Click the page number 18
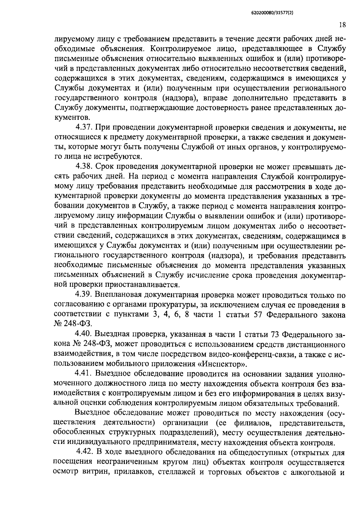[343, 25]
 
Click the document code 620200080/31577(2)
[271, 13]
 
